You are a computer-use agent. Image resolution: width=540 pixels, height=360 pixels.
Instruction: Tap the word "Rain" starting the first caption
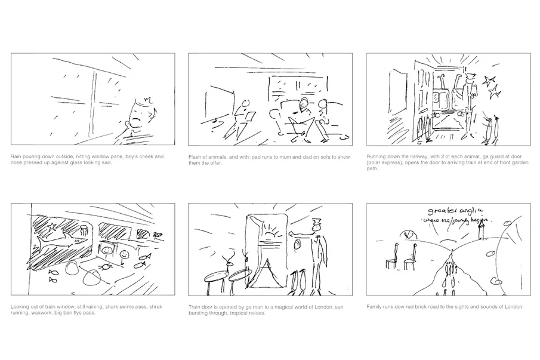[16, 156]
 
